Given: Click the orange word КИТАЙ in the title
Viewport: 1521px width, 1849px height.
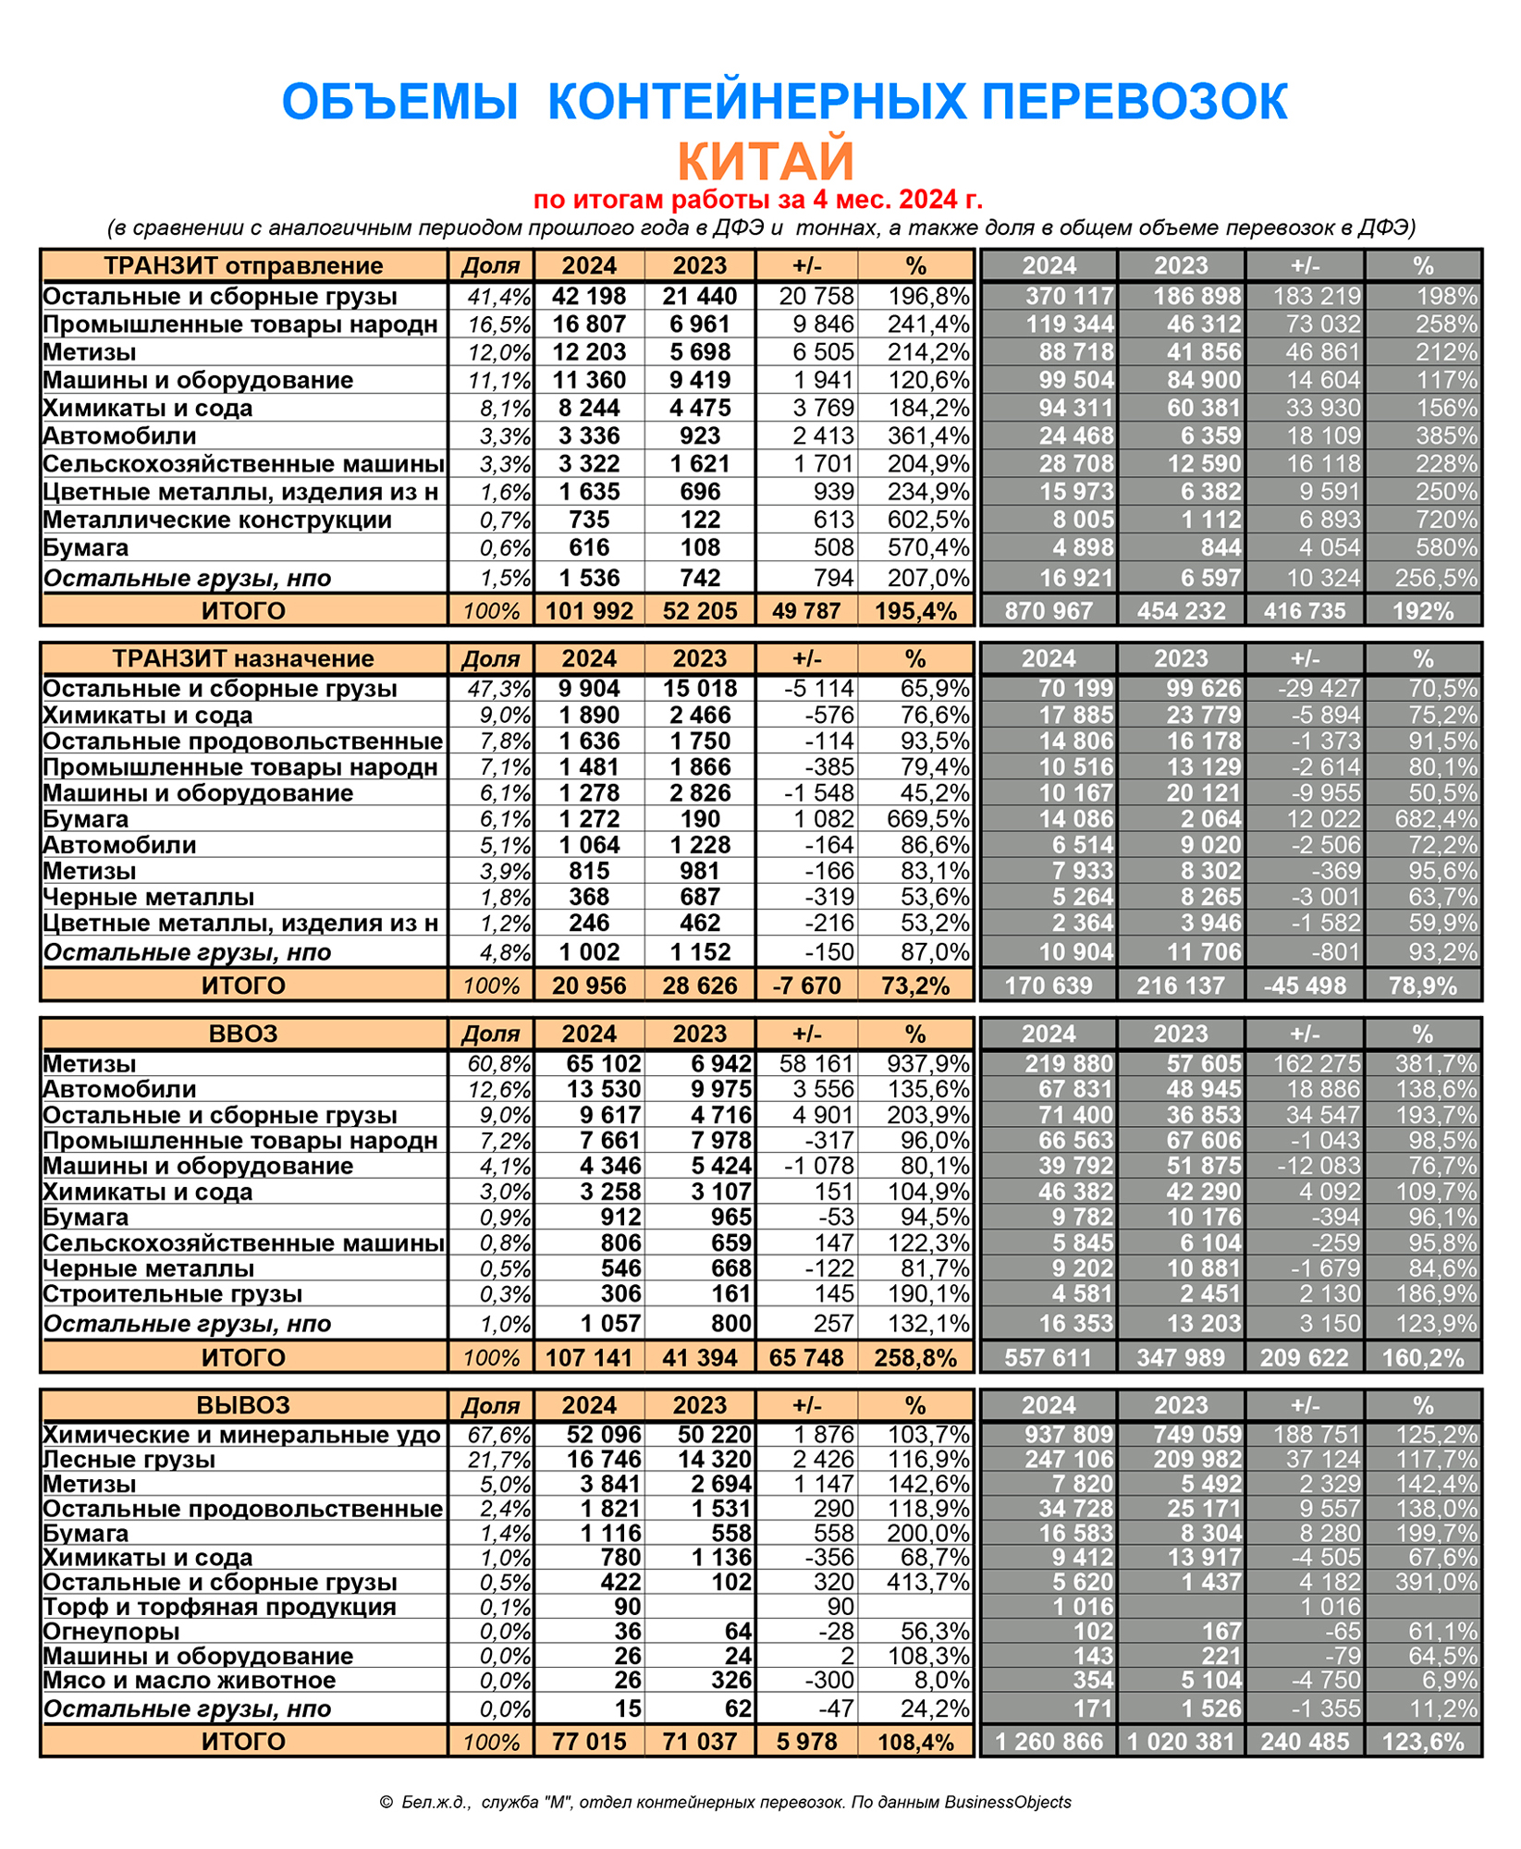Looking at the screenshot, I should pos(766,161).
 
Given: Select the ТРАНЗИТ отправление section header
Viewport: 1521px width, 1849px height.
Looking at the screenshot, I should pos(243,266).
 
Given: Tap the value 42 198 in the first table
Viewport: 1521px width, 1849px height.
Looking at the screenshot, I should pos(589,297).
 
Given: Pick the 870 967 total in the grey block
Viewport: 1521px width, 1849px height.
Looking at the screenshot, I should pos(1049,611).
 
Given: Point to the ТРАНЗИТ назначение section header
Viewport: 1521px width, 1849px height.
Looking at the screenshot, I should pos(243,659).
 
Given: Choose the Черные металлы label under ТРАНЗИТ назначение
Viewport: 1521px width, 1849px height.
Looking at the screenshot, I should pos(149,898).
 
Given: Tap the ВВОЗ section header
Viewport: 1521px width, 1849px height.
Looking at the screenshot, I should pos(243,1034).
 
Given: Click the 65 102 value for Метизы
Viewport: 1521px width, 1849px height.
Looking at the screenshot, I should pos(603,1064).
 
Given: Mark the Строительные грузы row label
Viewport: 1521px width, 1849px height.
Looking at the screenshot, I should pos(173,1294).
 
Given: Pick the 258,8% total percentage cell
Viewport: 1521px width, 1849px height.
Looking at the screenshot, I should pos(917,1358).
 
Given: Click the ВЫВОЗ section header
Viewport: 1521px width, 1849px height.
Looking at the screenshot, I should pos(243,1406).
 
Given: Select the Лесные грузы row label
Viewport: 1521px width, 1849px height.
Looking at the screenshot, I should pos(129,1460).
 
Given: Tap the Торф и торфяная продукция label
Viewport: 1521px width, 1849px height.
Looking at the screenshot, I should pos(220,1607).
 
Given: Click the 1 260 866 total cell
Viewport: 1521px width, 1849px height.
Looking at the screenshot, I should pos(1049,1742).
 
